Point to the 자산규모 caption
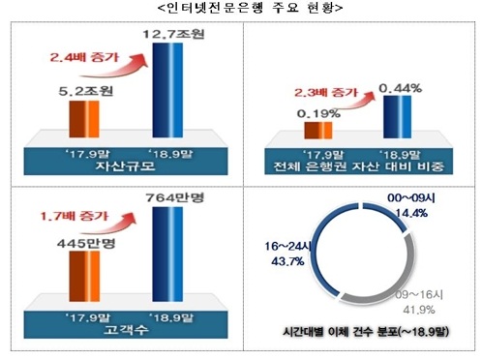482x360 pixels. click(122, 166)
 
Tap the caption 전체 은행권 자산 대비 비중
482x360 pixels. click(358, 167)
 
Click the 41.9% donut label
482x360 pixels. click(418, 308)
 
